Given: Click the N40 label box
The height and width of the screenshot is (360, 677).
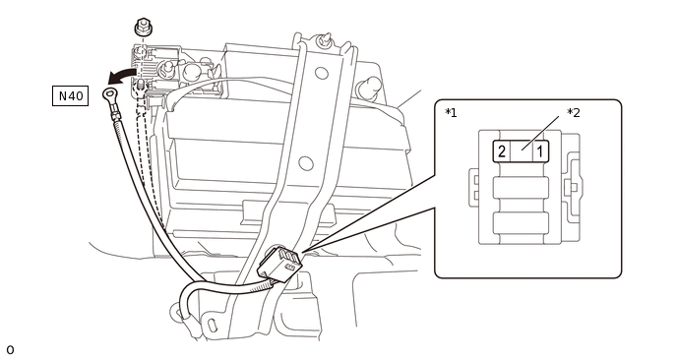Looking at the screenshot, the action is (x=71, y=95).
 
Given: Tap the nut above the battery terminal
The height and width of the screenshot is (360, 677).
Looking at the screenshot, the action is (x=142, y=28).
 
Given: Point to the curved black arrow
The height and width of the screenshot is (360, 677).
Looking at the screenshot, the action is (x=120, y=76).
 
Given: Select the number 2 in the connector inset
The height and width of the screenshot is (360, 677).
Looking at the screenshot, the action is (x=502, y=151).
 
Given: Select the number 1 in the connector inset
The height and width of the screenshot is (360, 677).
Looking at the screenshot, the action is (x=540, y=151).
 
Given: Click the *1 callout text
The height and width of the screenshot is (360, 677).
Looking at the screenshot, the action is (x=451, y=113).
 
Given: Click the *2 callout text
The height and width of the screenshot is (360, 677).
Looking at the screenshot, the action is (x=574, y=113).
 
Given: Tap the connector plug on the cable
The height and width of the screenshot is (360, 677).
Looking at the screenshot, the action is (x=279, y=264).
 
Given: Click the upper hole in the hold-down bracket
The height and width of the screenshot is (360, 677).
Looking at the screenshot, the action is (x=321, y=73).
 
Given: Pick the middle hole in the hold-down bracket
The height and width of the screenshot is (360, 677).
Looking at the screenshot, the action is (x=306, y=163).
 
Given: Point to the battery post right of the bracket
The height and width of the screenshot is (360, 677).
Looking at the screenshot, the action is (x=368, y=88).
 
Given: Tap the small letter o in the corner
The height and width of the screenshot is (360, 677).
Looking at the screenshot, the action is (x=10, y=349).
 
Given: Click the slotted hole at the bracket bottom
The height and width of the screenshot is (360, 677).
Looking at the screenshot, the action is (x=212, y=326).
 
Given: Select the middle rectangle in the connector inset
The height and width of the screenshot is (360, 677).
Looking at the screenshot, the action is (x=521, y=188).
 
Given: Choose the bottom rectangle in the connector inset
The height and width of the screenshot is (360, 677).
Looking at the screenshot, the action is (x=521, y=222).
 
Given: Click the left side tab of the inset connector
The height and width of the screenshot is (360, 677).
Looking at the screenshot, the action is (x=474, y=188).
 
